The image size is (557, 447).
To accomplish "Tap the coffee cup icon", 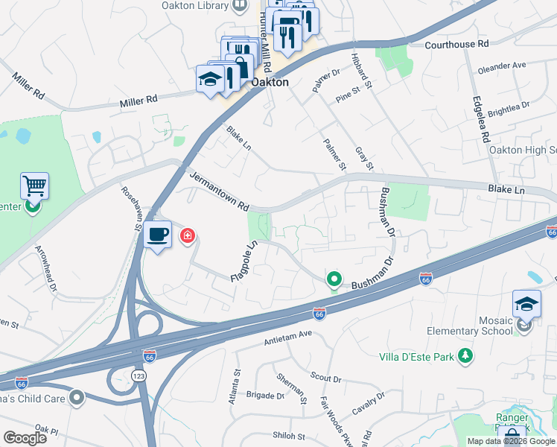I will coord(157,235).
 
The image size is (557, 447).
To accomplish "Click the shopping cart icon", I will coord(34,186).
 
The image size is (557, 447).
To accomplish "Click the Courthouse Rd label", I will coord(456,45).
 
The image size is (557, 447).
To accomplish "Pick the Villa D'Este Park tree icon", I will coord(465,356).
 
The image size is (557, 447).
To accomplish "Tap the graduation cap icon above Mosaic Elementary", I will coord(526,305).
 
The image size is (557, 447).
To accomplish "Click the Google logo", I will coord(25,438).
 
